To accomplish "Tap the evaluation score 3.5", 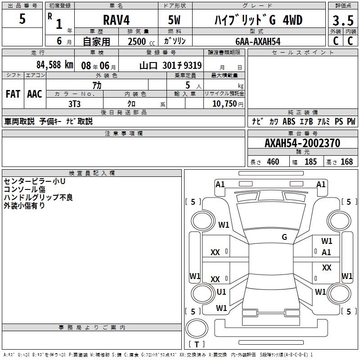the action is click(x=343, y=21).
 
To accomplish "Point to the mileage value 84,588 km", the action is click(x=54, y=65).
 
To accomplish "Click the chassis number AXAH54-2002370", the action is click(x=302, y=144).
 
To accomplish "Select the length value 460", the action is click(x=273, y=162).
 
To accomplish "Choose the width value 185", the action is click(x=310, y=162).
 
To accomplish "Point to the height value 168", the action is click(x=346, y=162).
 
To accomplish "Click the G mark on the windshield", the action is click(x=284, y=237).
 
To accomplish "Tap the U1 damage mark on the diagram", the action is click(x=221, y=292).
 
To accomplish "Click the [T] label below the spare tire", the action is click(x=196, y=344).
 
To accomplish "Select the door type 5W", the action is click(x=175, y=20).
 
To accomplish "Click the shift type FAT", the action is click(x=13, y=94).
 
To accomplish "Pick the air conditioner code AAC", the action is click(x=34, y=94).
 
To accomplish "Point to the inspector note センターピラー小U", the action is click(x=35, y=181).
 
